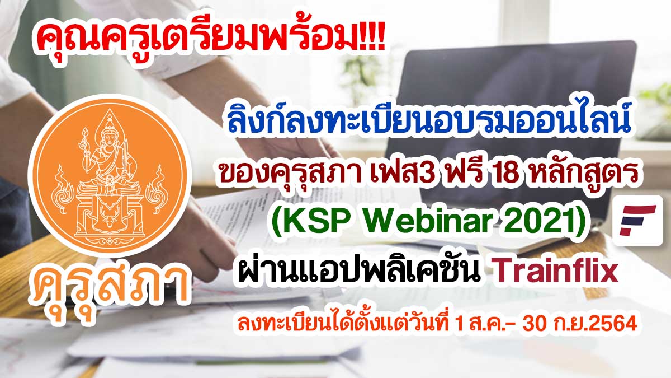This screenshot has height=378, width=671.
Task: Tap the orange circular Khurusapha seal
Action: [x=110, y=176]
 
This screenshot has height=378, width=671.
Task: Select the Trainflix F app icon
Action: [x=637, y=221]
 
